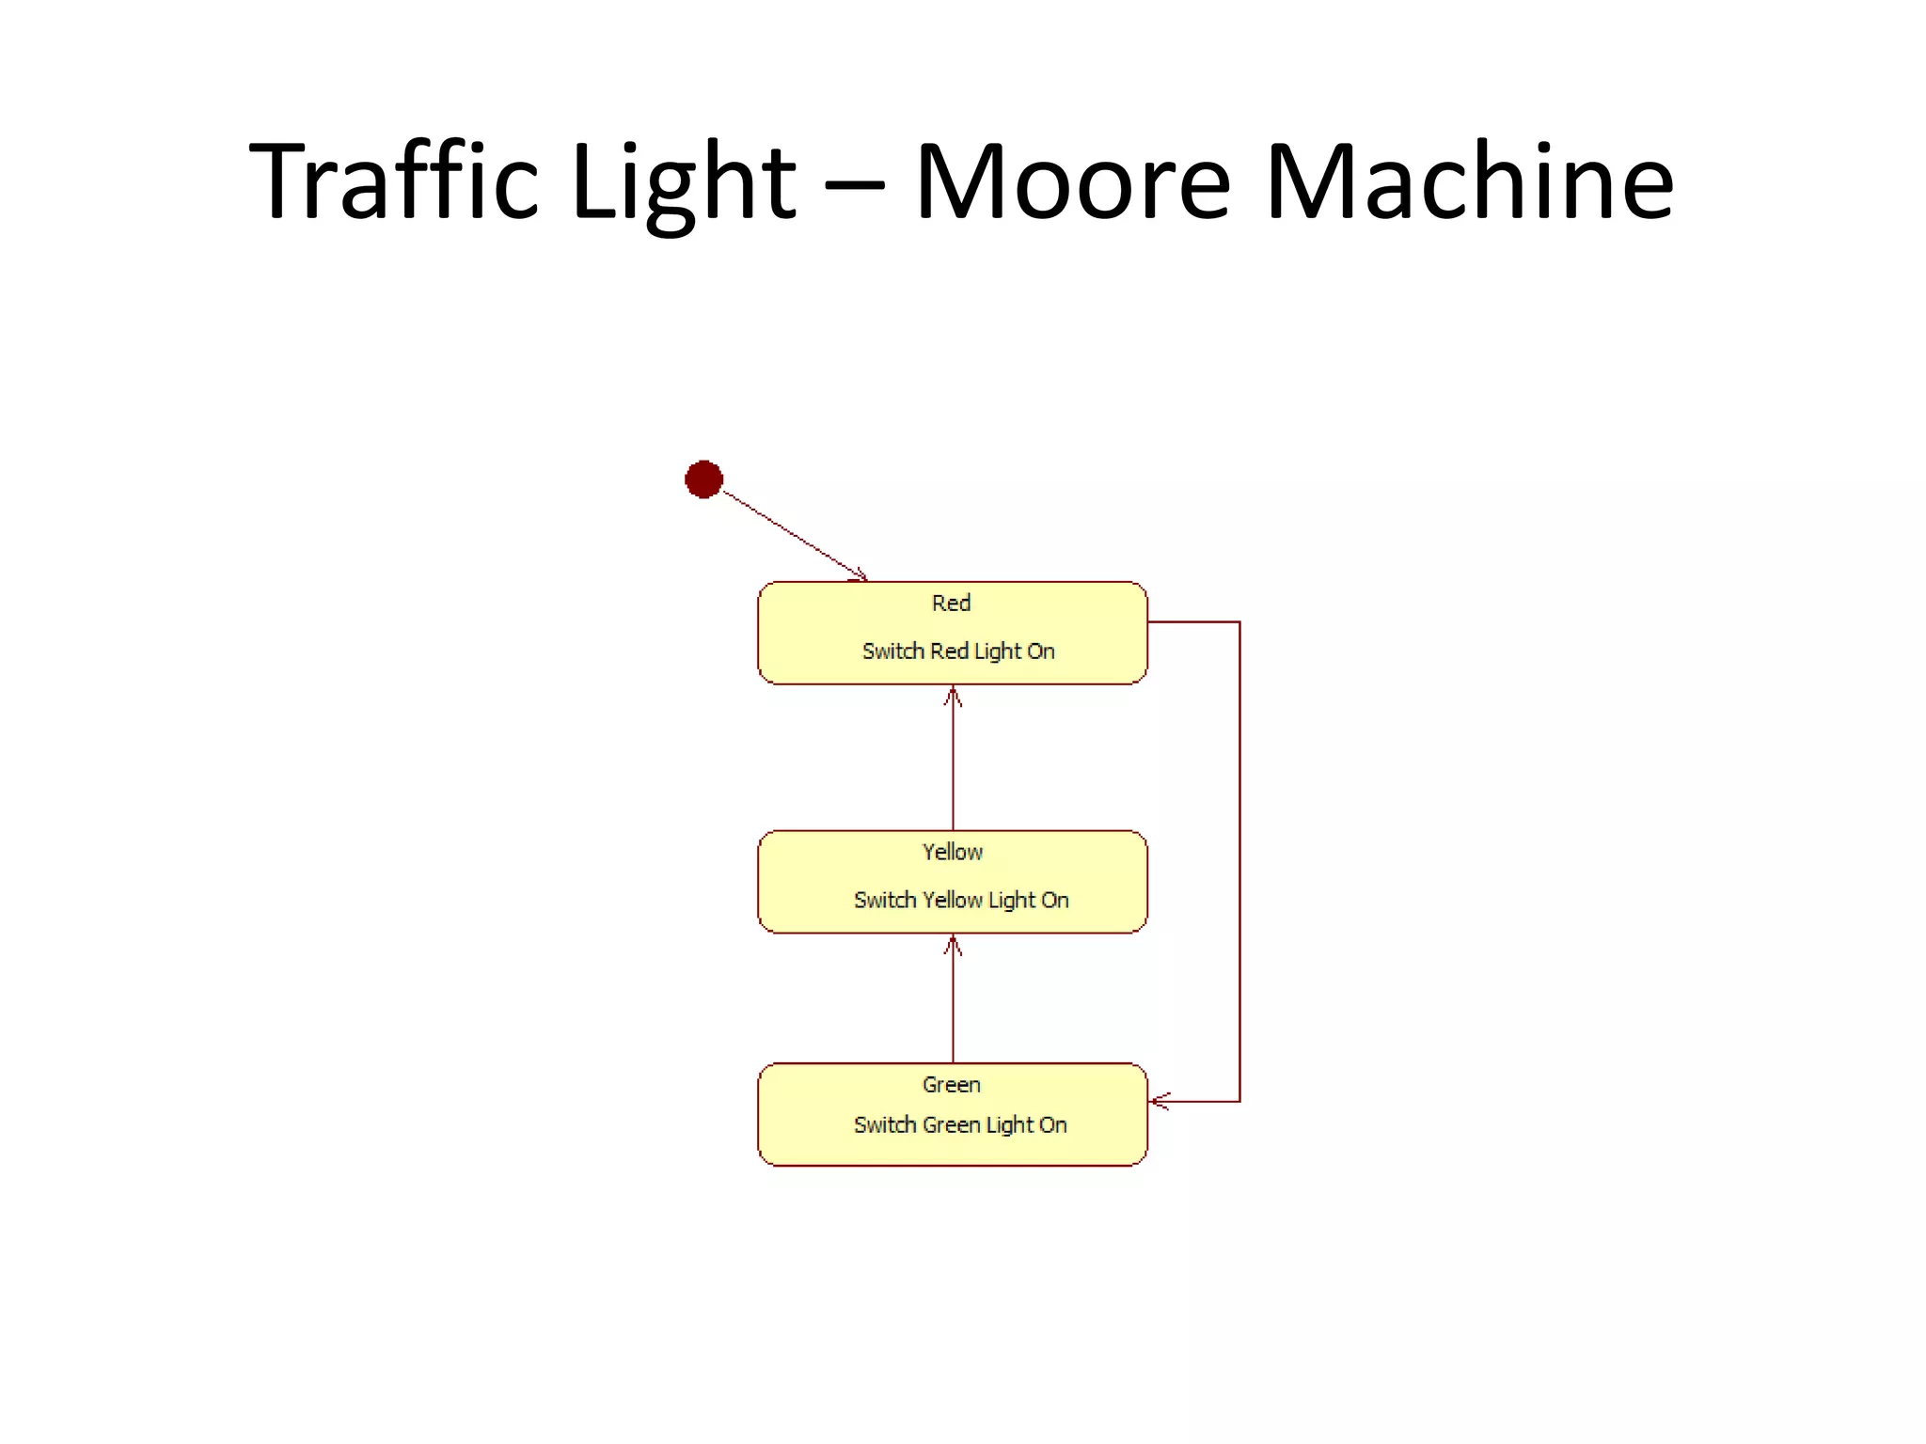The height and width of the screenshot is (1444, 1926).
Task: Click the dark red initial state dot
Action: tap(703, 479)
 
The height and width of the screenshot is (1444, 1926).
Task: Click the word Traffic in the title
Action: tap(394, 180)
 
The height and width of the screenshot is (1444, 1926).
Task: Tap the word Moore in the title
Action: tap(1072, 180)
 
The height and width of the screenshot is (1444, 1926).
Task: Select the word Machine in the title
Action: tap(1469, 180)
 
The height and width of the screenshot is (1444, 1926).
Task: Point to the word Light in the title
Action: tap(684, 180)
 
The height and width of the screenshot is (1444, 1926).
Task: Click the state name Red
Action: tap(951, 604)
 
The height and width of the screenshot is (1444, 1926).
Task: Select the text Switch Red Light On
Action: tap(958, 651)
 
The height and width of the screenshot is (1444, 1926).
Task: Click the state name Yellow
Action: tap(952, 853)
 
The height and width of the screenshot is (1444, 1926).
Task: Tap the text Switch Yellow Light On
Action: tap(961, 901)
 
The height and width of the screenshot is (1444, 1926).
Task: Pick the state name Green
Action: tap(951, 1085)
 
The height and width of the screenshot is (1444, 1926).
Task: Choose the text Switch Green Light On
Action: tap(960, 1125)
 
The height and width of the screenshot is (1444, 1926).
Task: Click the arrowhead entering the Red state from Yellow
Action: tap(953, 696)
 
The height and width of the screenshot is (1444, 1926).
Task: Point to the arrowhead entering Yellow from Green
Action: tap(953, 945)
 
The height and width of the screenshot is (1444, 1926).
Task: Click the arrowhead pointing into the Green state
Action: tap(1160, 1101)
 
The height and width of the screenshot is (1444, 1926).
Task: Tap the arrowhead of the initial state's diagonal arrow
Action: tap(858, 573)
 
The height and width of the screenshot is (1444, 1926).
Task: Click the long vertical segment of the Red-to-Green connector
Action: tap(1239, 860)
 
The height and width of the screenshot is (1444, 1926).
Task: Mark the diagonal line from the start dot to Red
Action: tap(790, 532)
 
